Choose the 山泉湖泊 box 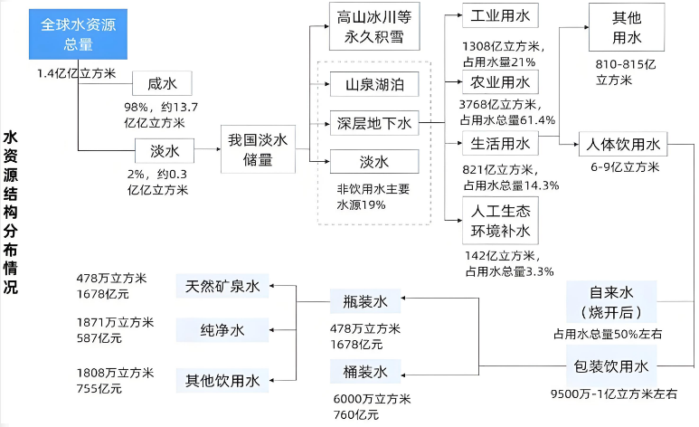click(x=374, y=86)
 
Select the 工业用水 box click(x=500, y=16)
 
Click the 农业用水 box click(x=500, y=83)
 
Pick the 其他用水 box click(x=626, y=28)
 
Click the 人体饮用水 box click(x=624, y=144)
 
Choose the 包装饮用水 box click(x=611, y=366)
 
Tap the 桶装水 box click(x=365, y=371)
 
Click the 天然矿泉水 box click(x=222, y=287)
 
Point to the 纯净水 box click(x=222, y=330)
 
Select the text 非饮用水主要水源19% click(x=374, y=197)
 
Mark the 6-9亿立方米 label click(x=625, y=167)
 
